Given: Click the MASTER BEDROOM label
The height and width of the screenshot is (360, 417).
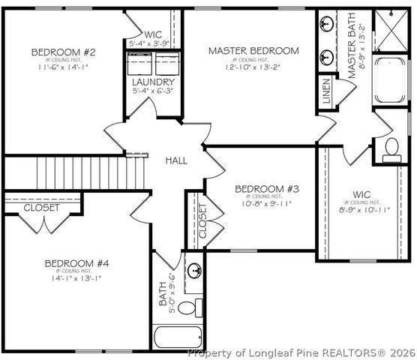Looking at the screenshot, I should tap(253, 51).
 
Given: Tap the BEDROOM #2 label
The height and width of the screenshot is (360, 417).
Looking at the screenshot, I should tap(63, 52).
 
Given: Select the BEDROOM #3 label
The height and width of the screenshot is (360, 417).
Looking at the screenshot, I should tap(267, 188).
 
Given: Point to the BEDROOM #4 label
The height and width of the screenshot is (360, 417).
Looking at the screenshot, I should tap(77, 263).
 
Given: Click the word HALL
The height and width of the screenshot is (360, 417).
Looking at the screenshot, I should tap(176, 160).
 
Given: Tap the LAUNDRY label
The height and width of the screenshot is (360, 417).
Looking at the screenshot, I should tap(153, 82).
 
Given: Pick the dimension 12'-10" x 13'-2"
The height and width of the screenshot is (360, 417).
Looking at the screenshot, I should tap(253, 65).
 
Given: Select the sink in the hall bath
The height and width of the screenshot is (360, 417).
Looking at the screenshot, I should tap(194, 271).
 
